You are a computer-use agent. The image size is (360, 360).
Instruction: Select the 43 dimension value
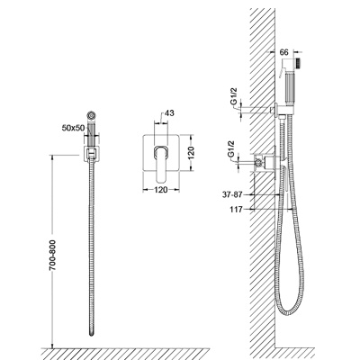tap(169, 113)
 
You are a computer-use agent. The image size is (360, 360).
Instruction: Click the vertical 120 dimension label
tap(192, 152)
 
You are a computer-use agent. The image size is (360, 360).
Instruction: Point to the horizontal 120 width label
tap(161, 190)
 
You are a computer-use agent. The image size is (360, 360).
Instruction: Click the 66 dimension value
tap(283, 52)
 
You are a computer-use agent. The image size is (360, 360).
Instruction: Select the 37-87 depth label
tap(232, 194)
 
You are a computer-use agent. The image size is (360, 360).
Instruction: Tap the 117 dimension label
tap(237, 210)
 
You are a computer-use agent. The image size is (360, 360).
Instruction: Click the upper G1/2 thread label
tap(234, 95)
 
